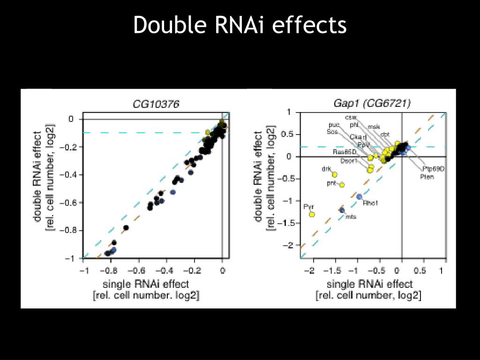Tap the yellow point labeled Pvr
tap(312, 214)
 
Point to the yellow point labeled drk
tap(335, 174)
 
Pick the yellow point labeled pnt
tap(342, 185)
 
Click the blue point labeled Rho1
tap(360, 197)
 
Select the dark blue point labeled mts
tap(342, 210)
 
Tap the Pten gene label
tap(427, 176)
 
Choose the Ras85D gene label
tap(345, 152)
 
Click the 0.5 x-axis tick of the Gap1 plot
tap(420, 270)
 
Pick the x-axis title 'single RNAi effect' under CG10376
tap(146, 284)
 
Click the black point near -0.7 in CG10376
tap(126, 228)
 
